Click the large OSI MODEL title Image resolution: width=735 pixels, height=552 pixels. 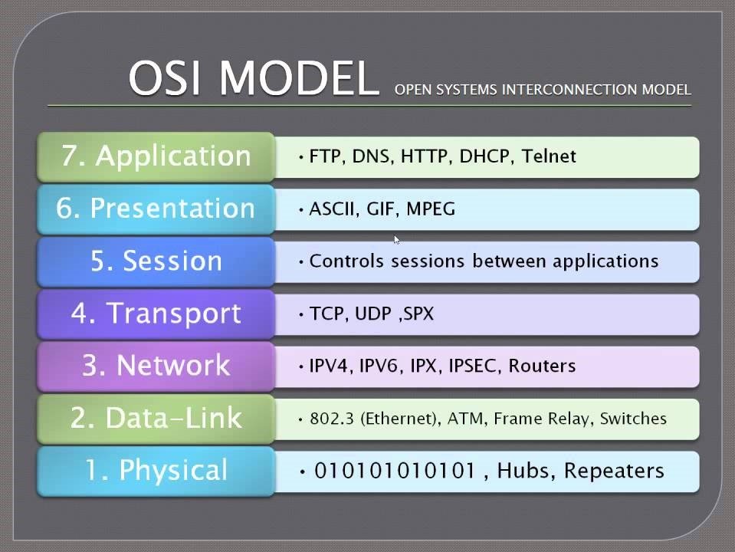pyautogui.click(x=254, y=77)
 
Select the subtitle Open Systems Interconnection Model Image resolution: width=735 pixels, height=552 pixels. pyautogui.click(x=543, y=89)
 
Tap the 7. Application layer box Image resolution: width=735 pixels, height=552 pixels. pyautogui.click(x=156, y=156)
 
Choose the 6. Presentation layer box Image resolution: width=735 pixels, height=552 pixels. pyautogui.click(x=156, y=209)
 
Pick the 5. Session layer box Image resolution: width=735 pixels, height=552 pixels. pyautogui.click(x=156, y=261)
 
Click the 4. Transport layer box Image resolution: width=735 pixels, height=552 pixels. pyautogui.click(x=156, y=314)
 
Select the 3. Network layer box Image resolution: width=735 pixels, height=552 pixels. pyautogui.click(x=156, y=366)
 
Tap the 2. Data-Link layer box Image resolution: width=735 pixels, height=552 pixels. pyautogui.click(x=156, y=419)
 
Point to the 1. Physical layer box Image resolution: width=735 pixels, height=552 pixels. pyautogui.click(x=156, y=471)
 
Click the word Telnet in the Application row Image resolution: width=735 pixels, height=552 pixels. pyautogui.click(x=549, y=156)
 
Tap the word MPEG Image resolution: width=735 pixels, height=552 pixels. pyautogui.click(x=431, y=209)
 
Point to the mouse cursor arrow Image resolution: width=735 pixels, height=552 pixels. pyautogui.click(x=396, y=240)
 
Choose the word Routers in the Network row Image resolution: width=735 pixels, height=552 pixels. pyautogui.click(x=542, y=366)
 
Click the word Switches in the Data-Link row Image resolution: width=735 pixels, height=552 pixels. pyautogui.click(x=633, y=419)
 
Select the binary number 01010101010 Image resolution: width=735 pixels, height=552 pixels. pyautogui.click(x=395, y=471)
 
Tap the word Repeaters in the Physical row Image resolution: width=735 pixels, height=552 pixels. pyautogui.click(x=614, y=471)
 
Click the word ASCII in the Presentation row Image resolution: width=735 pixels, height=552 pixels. pyautogui.click(x=331, y=209)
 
